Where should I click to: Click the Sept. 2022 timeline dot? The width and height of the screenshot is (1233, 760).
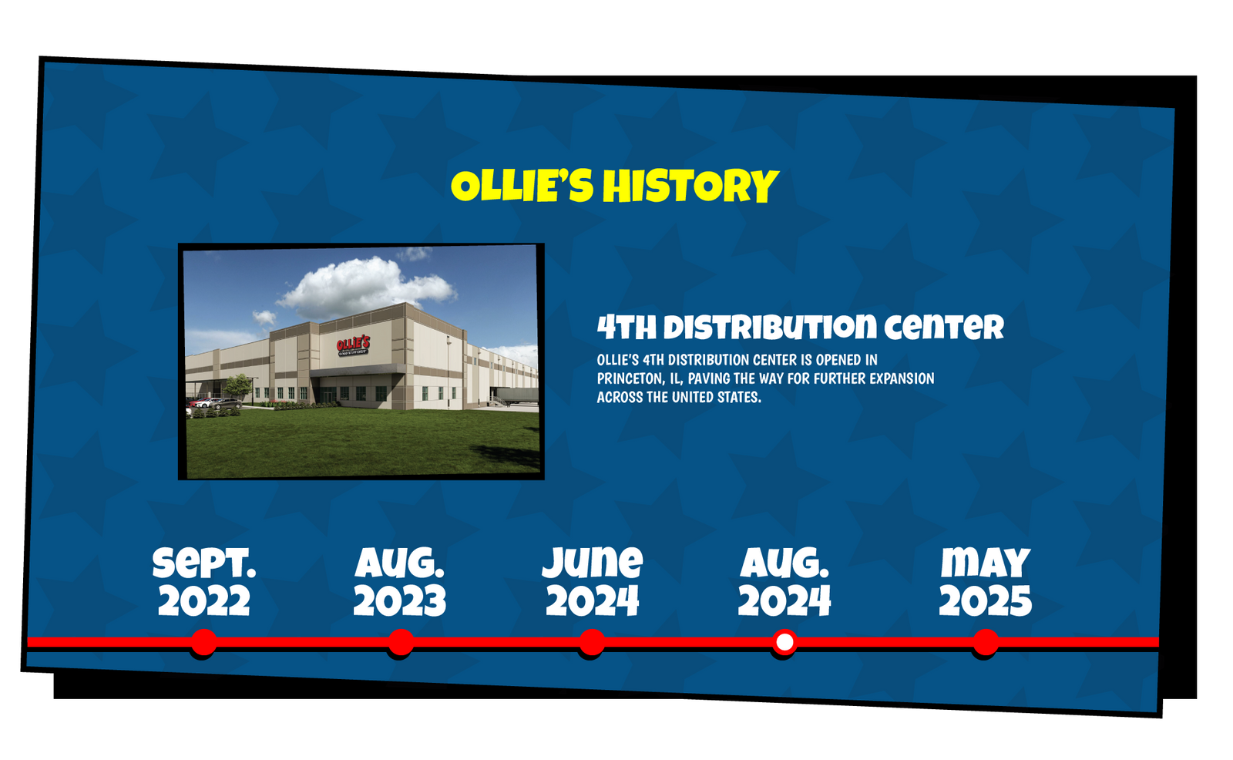[204, 642]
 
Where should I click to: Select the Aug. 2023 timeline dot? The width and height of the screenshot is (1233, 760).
[401, 642]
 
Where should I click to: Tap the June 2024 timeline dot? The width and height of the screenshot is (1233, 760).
[592, 642]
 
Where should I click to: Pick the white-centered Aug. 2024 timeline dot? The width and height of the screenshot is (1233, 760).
[784, 642]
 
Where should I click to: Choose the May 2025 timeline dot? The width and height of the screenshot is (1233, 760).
[986, 642]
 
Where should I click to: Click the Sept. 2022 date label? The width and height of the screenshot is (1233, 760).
[204, 582]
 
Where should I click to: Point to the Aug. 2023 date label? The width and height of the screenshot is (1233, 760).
[400, 582]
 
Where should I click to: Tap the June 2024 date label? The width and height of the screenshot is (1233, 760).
[593, 582]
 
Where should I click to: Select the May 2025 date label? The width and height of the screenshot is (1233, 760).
[986, 582]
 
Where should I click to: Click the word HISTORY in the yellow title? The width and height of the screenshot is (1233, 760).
[690, 186]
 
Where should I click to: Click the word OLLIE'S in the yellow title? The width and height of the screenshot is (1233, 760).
[522, 186]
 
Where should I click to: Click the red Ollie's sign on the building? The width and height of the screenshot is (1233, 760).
[353, 345]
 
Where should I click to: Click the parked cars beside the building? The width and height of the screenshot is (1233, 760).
[215, 404]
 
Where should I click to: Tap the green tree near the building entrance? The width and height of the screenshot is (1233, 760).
[238, 387]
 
